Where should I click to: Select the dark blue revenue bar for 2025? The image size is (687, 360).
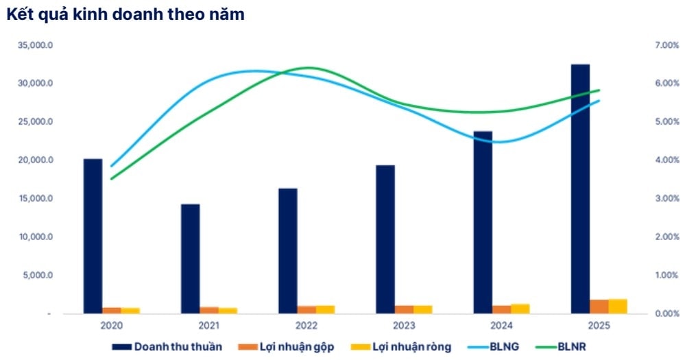tap(581, 189)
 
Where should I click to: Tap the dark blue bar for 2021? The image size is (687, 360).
tap(191, 259)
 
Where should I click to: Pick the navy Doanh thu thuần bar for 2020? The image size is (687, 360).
tap(93, 236)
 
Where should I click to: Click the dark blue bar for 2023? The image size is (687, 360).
tap(385, 239)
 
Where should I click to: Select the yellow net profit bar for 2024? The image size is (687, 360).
tap(520, 309)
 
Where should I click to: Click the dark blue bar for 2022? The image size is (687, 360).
tap(288, 250)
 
